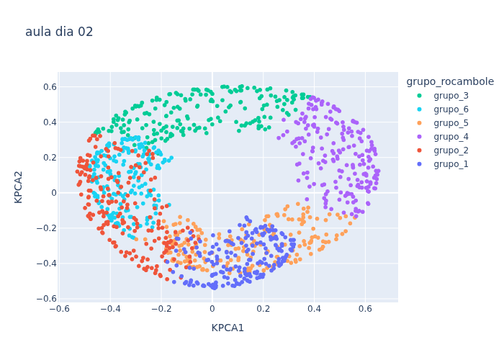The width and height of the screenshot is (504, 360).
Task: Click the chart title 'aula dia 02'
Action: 59,32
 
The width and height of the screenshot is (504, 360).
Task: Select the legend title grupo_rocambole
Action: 450,81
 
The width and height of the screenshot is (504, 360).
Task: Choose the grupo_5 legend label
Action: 451,123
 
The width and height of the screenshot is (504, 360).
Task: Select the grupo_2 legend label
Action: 451,150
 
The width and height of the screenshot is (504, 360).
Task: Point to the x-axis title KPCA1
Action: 228,328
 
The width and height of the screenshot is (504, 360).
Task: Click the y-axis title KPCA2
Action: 18,187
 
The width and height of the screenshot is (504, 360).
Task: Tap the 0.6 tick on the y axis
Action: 50,87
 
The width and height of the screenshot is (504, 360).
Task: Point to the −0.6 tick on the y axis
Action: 47,299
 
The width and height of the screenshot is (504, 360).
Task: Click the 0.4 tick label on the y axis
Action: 50,122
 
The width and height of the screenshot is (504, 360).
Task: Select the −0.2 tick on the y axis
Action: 47,228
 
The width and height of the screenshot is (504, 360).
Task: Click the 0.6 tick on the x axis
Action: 365,309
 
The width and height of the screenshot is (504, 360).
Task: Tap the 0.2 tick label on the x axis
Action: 264,309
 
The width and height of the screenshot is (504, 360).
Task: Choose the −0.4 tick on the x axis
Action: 111,309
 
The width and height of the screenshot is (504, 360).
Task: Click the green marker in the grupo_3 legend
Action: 419,96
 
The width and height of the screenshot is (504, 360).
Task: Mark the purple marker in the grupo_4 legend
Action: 419,137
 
